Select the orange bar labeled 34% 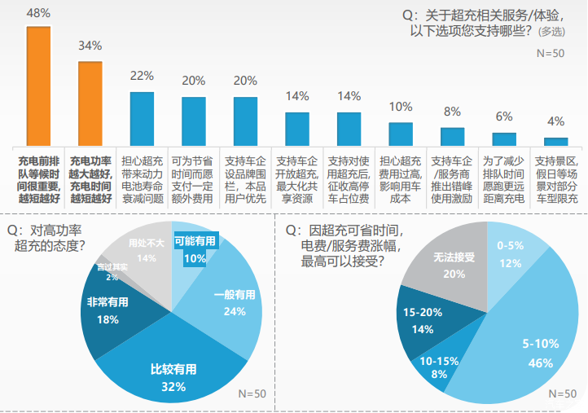[90, 103]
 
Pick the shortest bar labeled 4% [555, 140]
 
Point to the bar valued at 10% [401, 134]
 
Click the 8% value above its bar [452, 111]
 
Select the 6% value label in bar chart [504, 116]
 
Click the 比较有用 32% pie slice [175, 358]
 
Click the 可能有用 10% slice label [195, 248]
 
